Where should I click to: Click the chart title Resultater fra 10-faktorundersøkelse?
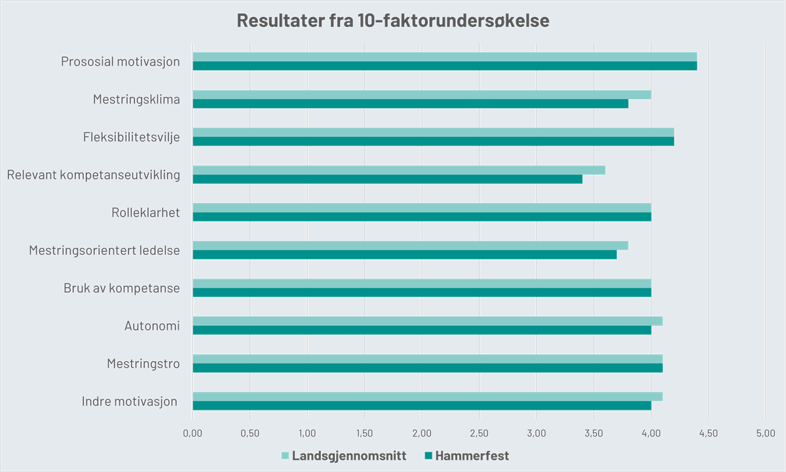pos(393,21)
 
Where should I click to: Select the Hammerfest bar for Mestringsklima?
pos(411,104)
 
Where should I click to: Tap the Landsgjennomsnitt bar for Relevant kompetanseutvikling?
pos(399,170)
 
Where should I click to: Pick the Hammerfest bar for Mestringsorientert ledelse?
pos(405,255)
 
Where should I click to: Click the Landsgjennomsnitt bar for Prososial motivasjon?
pos(445,56)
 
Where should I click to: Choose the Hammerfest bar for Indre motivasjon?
pos(422,406)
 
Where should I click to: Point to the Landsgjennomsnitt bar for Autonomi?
pos(428,321)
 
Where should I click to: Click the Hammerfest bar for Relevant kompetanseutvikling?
pos(388,180)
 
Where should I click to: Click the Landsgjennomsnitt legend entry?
pos(344,456)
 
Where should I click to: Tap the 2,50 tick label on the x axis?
pos(479,433)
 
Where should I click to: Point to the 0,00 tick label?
pos(193,433)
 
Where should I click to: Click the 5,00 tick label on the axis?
pos(766,433)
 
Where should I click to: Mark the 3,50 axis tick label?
pos(594,433)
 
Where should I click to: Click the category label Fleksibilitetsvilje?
pos(131,137)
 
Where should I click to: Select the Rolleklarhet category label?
pos(145,212)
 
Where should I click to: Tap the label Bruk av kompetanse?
pos(121,288)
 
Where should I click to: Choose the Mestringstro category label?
pos(143,363)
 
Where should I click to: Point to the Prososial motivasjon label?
pos(120,62)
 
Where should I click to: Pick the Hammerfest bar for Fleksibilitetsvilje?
pos(434,142)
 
